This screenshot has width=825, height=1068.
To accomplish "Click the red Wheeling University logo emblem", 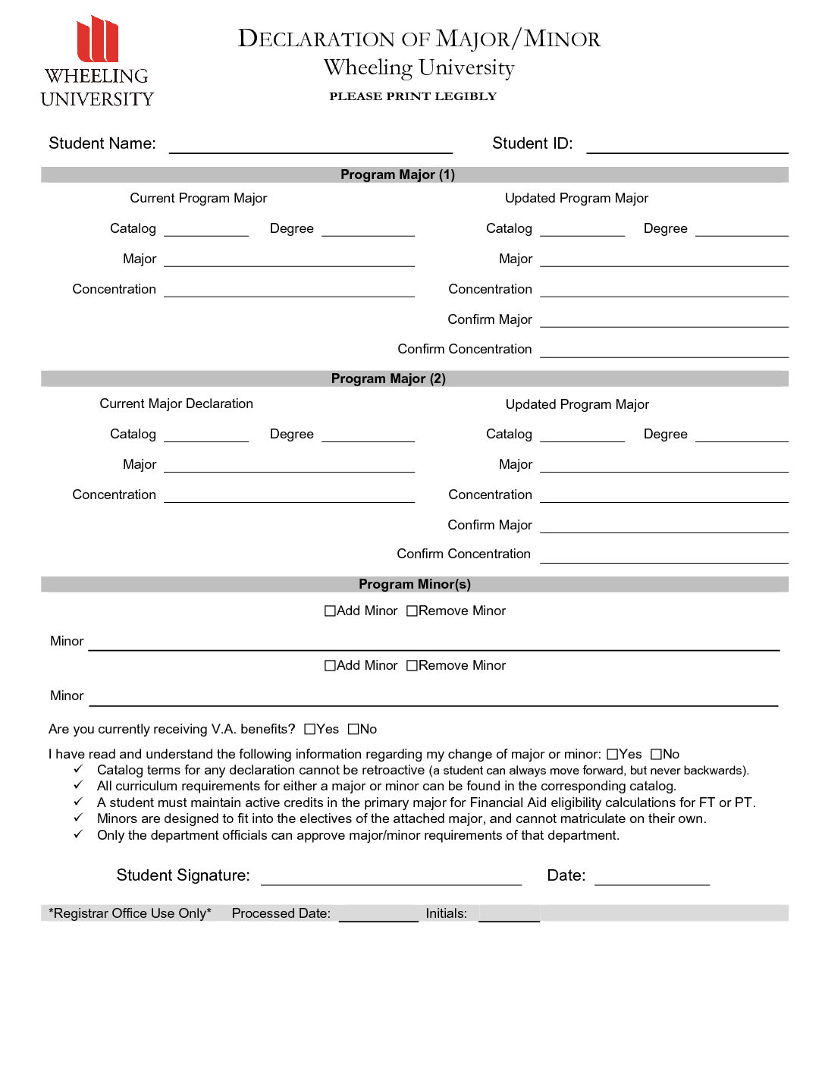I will click(x=97, y=39).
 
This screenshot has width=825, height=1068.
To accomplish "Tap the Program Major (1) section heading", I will click(x=397, y=174).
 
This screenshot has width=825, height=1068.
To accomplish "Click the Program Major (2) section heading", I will click(x=388, y=379).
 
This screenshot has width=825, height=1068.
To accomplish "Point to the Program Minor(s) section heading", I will click(x=414, y=584).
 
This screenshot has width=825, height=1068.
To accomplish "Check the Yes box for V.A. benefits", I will click(x=309, y=729).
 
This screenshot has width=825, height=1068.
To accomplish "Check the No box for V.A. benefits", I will click(x=353, y=729).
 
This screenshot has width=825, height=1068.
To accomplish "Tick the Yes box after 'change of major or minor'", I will click(x=613, y=754).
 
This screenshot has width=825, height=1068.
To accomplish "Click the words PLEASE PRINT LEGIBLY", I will click(x=412, y=96).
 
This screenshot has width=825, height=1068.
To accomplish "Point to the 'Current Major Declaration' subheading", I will click(x=176, y=404).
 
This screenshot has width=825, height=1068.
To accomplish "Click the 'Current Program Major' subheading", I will click(x=198, y=198).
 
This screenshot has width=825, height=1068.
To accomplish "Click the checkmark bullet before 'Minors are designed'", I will click(x=78, y=818).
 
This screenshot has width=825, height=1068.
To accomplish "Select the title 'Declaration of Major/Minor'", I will click(x=419, y=39).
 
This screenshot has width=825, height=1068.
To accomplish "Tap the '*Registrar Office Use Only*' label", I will click(x=130, y=913).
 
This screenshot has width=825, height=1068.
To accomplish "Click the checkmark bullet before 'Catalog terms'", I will click(x=78, y=769).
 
